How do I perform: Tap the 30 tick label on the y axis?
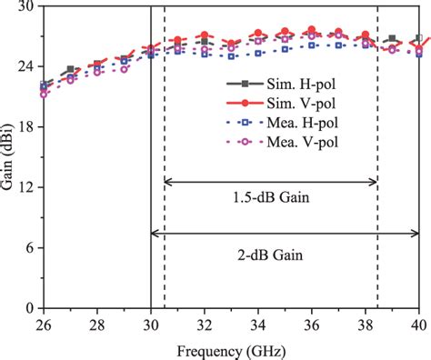(x=25, y=7)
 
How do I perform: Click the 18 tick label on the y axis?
(x=25, y=127)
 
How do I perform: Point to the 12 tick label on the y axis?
(x=25, y=187)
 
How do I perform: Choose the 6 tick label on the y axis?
(x=29, y=248)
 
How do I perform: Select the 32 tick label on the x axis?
(x=205, y=323)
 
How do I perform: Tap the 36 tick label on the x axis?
(x=312, y=323)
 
